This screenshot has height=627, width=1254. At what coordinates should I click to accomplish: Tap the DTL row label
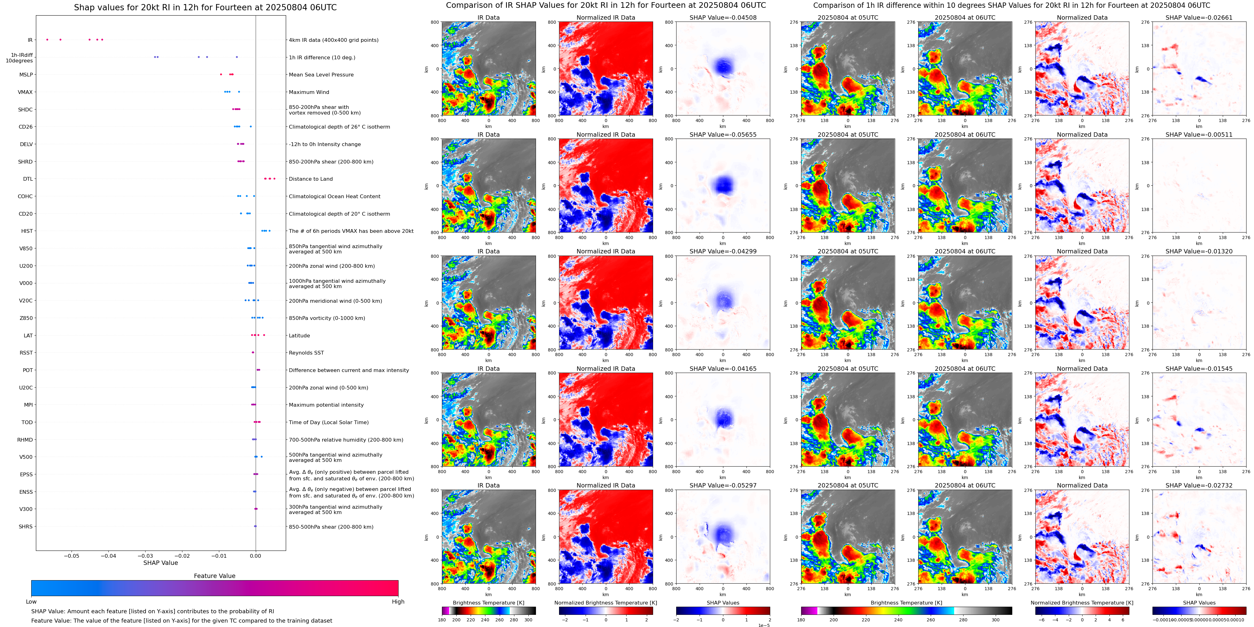(x=28, y=179)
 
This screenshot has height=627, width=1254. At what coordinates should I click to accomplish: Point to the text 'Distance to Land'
(x=310, y=179)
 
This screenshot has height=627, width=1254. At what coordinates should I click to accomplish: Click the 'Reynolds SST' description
(x=306, y=353)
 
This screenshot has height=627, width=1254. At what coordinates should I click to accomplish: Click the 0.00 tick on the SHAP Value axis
(x=255, y=556)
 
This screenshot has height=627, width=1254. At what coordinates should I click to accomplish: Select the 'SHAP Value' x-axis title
(x=160, y=563)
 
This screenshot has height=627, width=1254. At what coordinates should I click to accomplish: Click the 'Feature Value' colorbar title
(x=214, y=576)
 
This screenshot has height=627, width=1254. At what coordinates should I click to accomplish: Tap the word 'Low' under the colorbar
(x=31, y=602)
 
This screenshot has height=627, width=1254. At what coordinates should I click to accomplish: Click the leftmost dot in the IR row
(x=47, y=39)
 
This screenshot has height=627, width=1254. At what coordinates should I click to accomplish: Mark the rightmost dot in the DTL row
(x=275, y=179)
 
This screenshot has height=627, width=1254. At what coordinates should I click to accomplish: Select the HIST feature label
(x=27, y=231)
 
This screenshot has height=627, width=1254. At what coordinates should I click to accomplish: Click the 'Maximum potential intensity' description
(x=326, y=405)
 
